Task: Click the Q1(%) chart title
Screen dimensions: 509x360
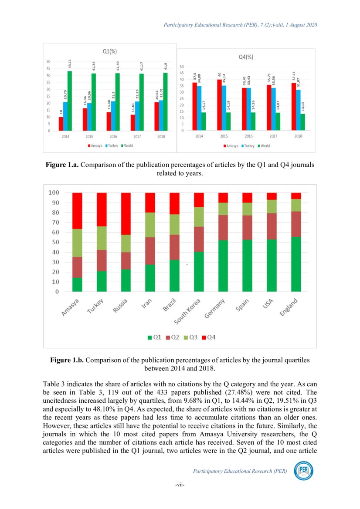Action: click(x=109, y=51)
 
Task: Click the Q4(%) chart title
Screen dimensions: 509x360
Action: click(x=246, y=57)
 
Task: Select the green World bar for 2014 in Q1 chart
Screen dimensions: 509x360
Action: click(x=69, y=101)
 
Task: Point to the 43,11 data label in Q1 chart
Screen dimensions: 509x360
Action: click(x=70, y=64)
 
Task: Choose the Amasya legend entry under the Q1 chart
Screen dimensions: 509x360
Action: click(x=95, y=145)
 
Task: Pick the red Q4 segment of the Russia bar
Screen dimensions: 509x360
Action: click(x=126, y=213)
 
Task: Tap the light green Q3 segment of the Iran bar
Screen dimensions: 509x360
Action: click(x=150, y=225)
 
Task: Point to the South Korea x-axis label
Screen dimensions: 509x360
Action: click(x=188, y=312)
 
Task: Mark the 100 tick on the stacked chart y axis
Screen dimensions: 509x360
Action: click(x=54, y=192)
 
